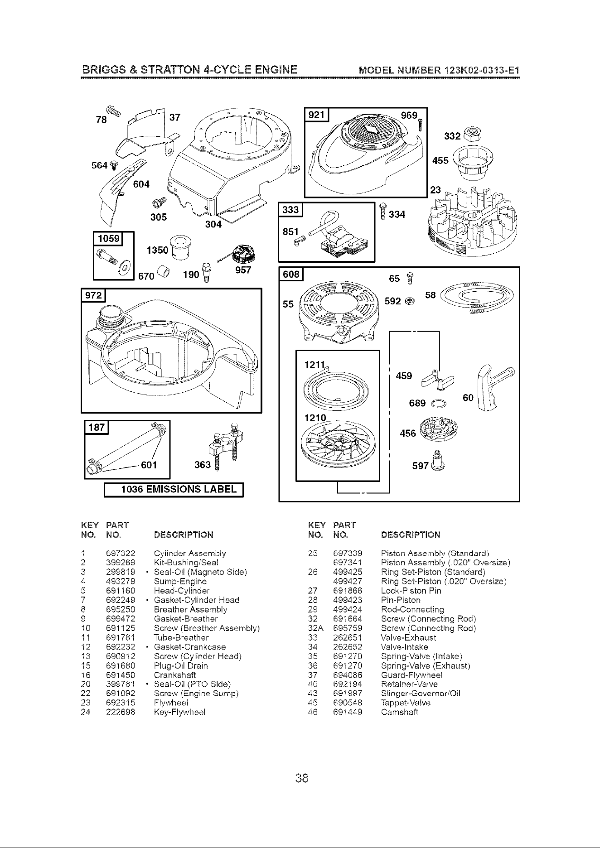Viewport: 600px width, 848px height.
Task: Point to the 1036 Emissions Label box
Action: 174,490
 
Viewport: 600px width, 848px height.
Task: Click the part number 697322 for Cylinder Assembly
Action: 120,553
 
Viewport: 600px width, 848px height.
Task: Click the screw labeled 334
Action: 383,212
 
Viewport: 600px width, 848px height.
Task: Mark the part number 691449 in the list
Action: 348,712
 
